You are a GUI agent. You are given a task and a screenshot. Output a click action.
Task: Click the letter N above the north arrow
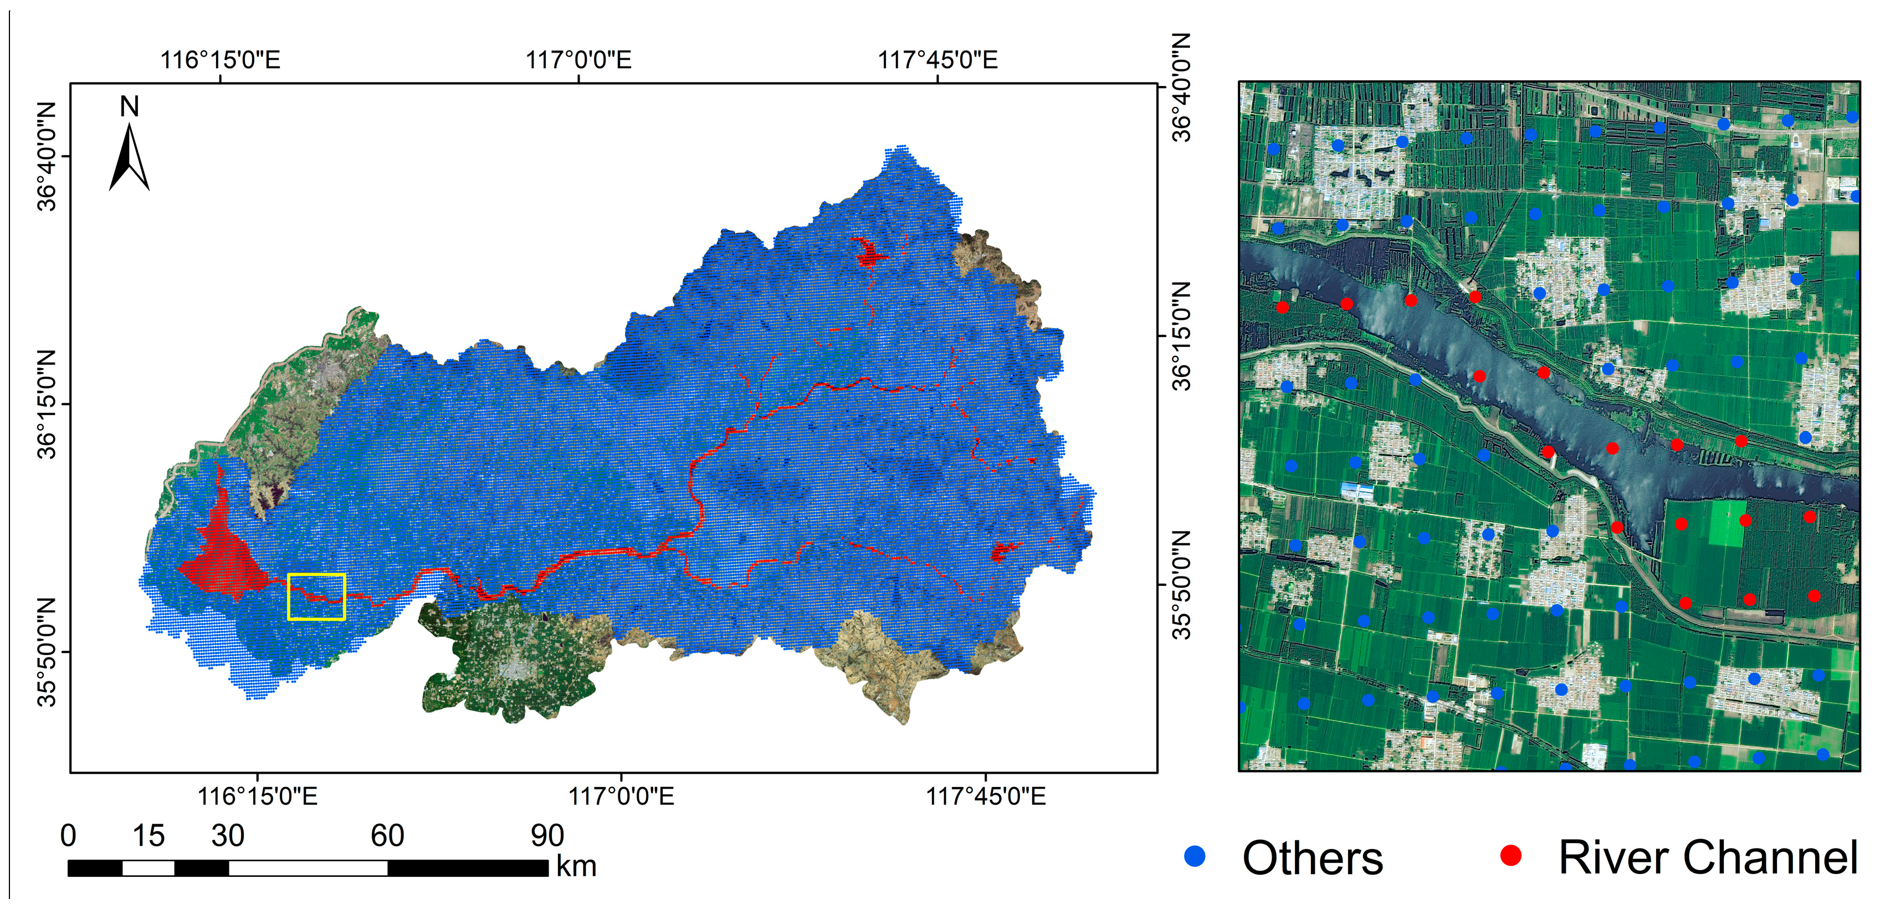(x=129, y=106)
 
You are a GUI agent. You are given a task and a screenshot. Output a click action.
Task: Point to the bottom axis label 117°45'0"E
(x=985, y=795)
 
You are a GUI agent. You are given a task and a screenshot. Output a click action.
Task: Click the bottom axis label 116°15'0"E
(x=257, y=795)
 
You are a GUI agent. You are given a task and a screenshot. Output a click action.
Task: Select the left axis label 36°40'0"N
(x=47, y=156)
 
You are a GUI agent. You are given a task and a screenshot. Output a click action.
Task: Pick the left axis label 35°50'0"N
(x=47, y=652)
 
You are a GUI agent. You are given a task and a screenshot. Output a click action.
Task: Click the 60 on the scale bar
(x=387, y=835)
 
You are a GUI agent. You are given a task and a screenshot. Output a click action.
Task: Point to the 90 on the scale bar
(x=547, y=835)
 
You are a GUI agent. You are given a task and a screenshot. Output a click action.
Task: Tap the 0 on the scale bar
(x=68, y=835)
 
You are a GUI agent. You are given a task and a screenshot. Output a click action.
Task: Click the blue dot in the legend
(x=1195, y=856)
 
